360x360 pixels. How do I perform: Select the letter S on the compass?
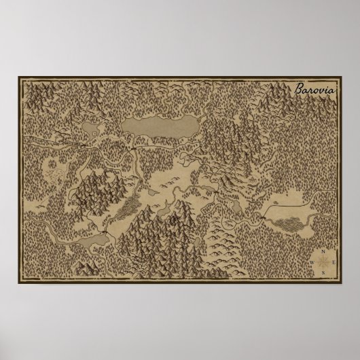pos(325,273)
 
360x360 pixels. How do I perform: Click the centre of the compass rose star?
pos(325,261)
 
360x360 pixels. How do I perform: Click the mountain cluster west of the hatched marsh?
pos(95,190)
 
